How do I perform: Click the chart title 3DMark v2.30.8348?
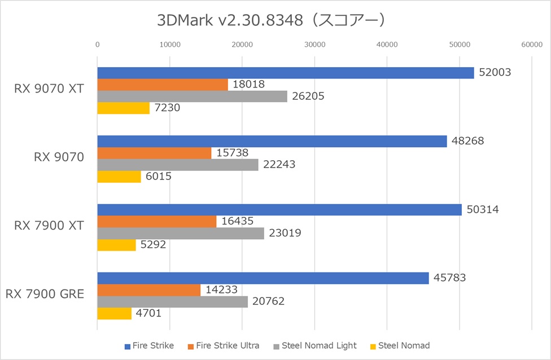(x=272, y=20)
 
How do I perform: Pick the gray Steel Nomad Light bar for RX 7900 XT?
(x=181, y=233)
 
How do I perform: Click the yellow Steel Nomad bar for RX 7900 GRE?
(x=114, y=313)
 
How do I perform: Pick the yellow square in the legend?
(x=373, y=346)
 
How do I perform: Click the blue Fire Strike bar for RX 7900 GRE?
(x=263, y=278)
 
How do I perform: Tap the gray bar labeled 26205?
(x=192, y=96)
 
